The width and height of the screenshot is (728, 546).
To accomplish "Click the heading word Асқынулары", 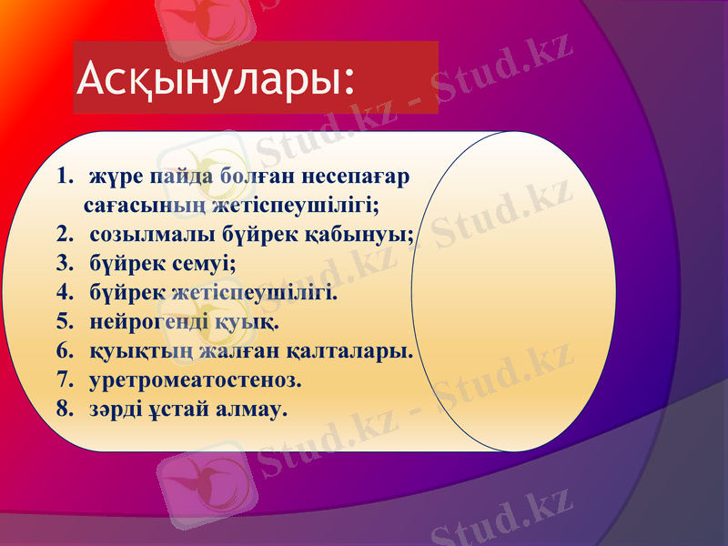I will point(215,78).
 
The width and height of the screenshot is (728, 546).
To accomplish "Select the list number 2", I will point(62,235).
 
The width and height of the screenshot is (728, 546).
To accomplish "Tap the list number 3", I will point(62,264).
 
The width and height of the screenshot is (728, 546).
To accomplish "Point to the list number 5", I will point(62,322).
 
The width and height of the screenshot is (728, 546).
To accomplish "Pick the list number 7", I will point(62,379).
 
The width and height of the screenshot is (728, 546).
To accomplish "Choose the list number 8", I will point(62,409).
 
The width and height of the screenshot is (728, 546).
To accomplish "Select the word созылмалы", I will point(152,235).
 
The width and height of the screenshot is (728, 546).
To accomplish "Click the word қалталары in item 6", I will point(352,350).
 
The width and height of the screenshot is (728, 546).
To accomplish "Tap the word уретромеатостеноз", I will point(196,379).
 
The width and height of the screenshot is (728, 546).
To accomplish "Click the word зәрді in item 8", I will point(116,409).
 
